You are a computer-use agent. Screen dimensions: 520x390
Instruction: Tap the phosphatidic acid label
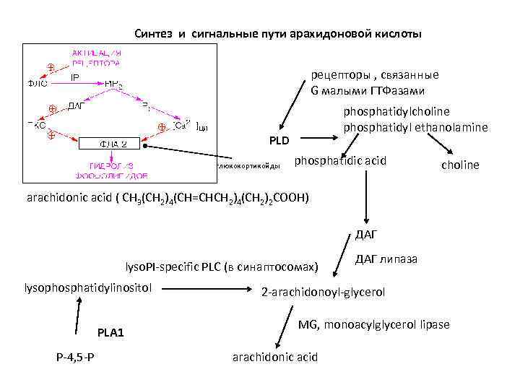[341, 160]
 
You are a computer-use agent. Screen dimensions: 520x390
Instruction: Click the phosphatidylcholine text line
[396, 111]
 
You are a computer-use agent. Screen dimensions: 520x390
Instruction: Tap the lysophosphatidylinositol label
[88, 288]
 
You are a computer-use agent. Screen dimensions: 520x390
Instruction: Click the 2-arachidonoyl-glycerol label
[323, 292]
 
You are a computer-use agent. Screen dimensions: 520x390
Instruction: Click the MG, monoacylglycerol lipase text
[374, 324]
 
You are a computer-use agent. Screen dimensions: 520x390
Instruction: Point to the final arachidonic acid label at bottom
[274, 357]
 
